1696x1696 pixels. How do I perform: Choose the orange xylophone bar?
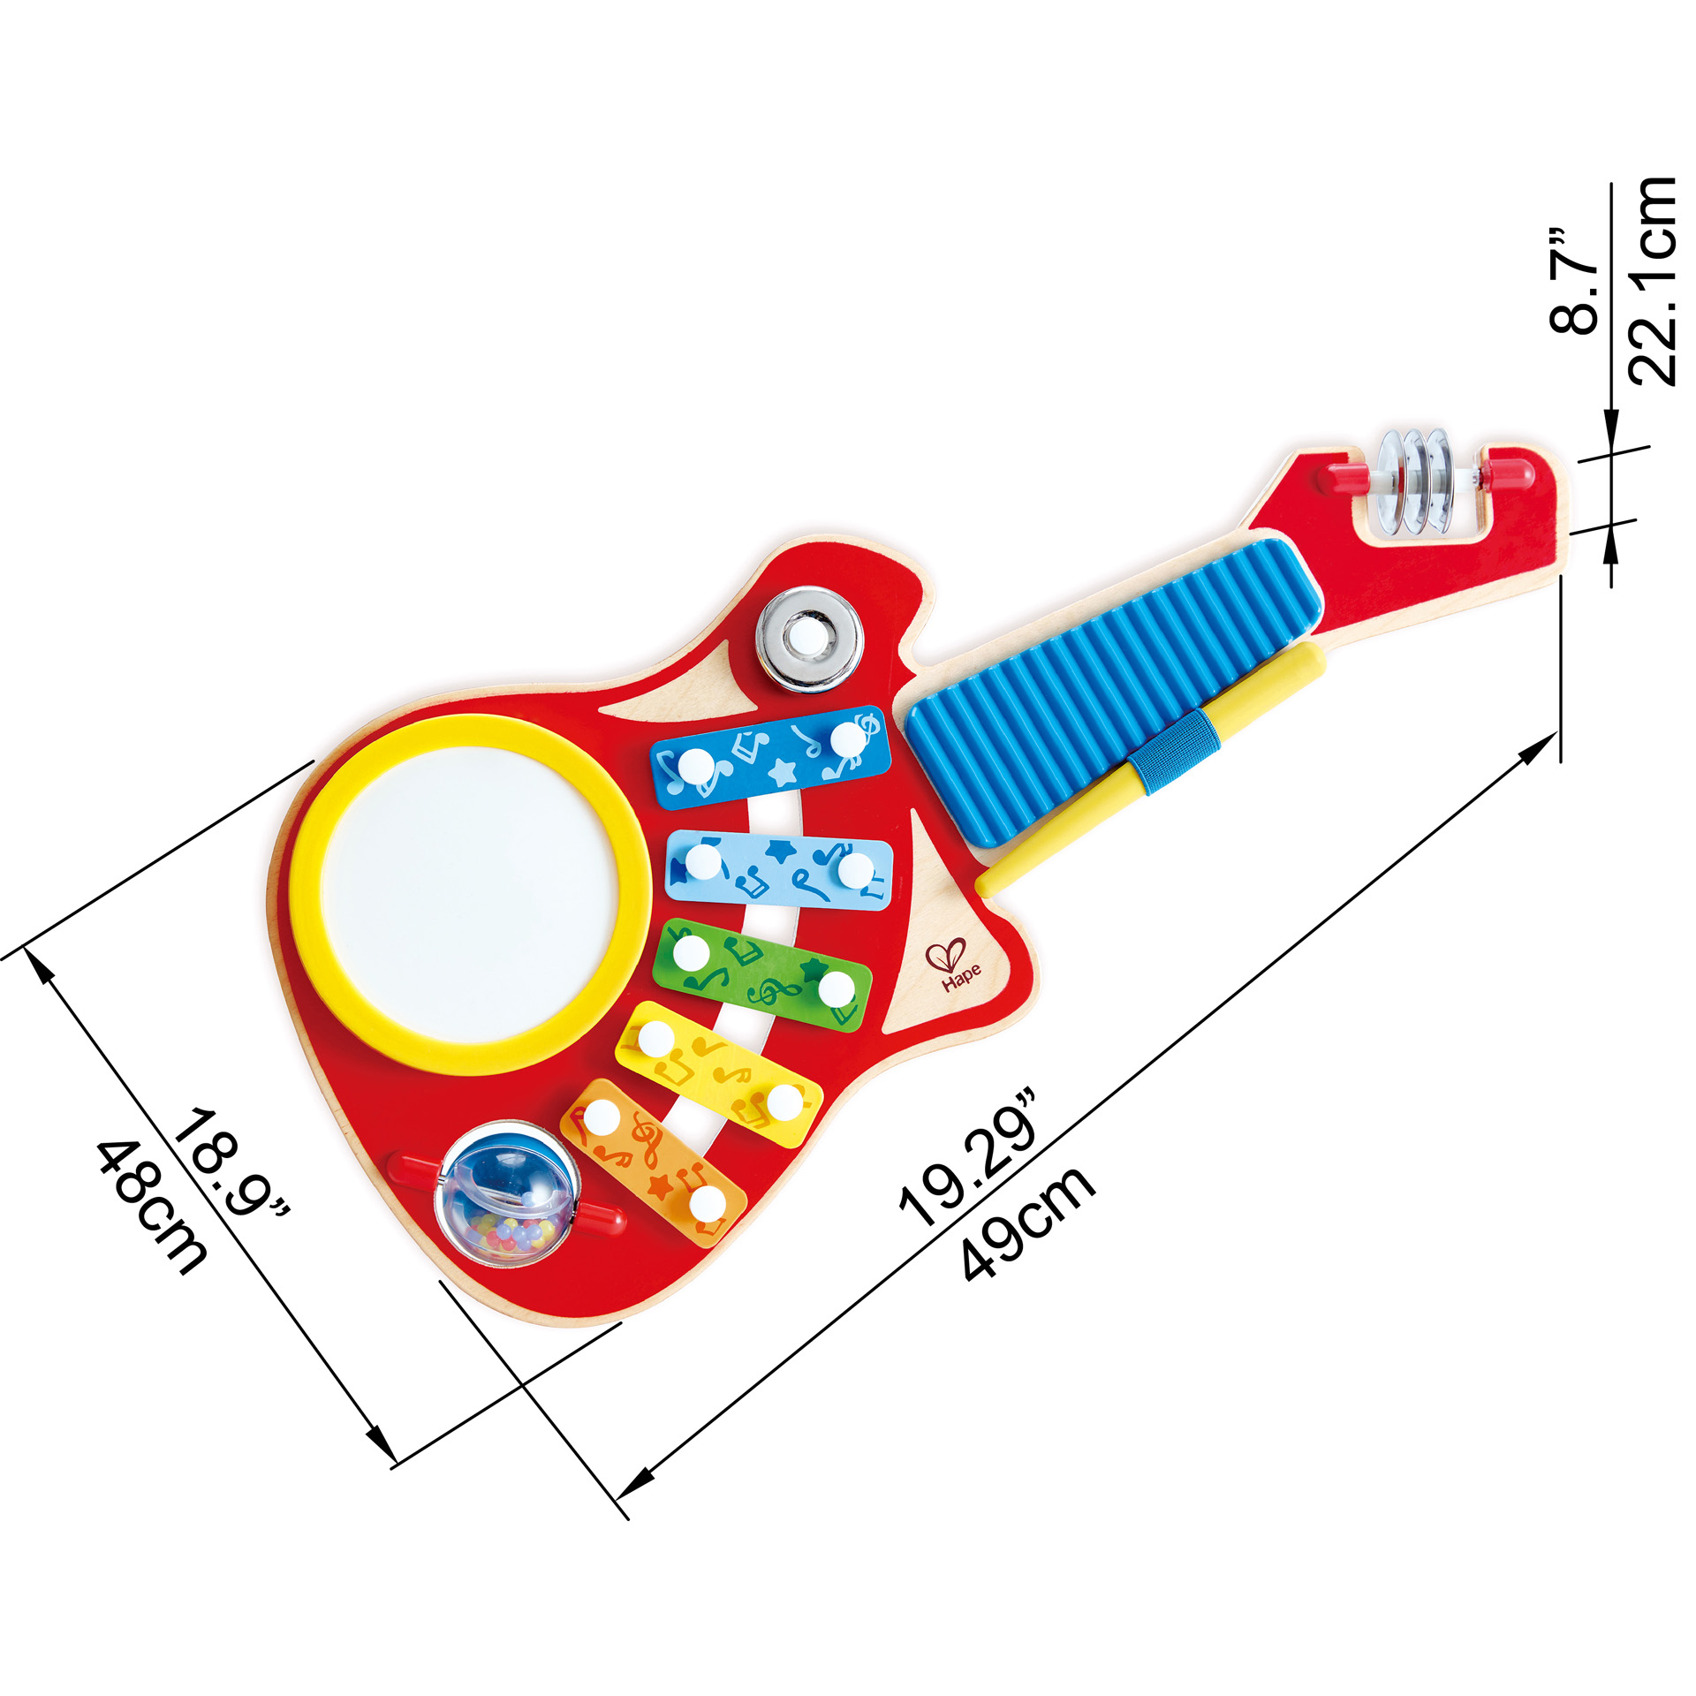pyautogui.click(x=654, y=1162)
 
